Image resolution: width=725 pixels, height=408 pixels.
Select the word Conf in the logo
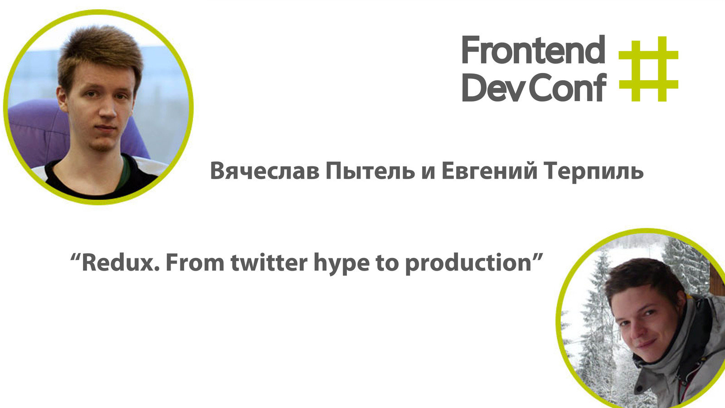tap(568, 87)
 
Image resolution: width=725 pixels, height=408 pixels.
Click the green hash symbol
tap(649, 69)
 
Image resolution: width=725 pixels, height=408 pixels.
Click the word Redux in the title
tap(121, 262)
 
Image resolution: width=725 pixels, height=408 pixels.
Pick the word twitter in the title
tap(269, 262)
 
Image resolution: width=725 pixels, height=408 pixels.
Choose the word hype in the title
tap(341, 264)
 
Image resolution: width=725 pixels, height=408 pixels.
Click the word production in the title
tap(468, 264)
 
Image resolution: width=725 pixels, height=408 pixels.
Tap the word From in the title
tap(195, 262)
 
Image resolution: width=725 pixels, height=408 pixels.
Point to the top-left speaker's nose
tap(107, 110)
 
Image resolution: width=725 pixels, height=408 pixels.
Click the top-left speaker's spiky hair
tap(100, 53)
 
